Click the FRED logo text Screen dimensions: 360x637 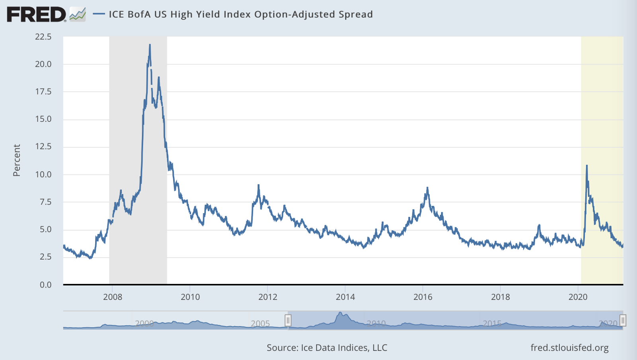[36, 15]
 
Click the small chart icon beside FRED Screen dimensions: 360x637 [78, 15]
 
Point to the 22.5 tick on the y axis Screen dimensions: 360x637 [43, 37]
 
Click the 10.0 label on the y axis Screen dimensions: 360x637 [43, 174]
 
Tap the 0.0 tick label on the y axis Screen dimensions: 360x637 [45, 285]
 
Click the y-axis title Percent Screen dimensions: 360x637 [17, 160]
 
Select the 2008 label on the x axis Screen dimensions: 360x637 [113, 297]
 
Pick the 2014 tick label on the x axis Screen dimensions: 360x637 [345, 297]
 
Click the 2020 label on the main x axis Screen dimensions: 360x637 [578, 297]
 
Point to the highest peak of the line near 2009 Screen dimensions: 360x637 [150, 45]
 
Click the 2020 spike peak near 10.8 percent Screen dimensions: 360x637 [587, 166]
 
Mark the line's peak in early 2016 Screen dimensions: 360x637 [427, 188]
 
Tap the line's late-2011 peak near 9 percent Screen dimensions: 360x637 [258, 185]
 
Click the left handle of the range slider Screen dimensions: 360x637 [288, 320]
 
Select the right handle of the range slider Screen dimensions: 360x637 [623, 320]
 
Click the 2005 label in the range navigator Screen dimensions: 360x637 [260, 323]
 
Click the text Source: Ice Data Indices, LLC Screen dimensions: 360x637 [327, 348]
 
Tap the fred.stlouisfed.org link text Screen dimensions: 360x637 [569, 348]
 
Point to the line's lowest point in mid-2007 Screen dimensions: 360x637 [90, 258]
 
